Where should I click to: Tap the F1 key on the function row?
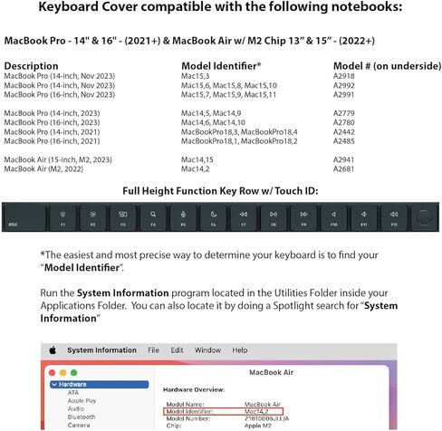(x=62, y=217)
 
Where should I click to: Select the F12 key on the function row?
(x=393, y=217)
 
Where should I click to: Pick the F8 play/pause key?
(x=273, y=217)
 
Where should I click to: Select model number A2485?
(x=345, y=141)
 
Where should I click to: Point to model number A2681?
(x=345, y=168)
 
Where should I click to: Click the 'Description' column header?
(x=32, y=66)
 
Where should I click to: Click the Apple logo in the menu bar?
(x=53, y=350)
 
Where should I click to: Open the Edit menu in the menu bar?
(x=178, y=350)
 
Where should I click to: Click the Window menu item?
(x=207, y=350)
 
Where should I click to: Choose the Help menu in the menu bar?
(x=239, y=350)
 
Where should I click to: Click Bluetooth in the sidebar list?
(x=83, y=417)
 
